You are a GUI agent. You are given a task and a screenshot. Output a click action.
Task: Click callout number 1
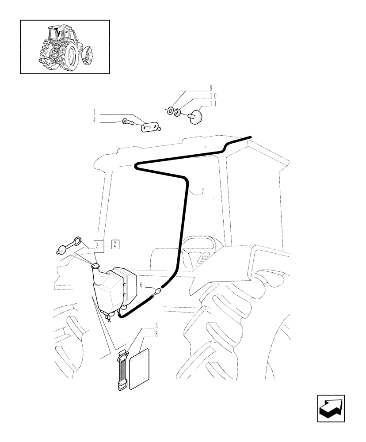click(95, 112)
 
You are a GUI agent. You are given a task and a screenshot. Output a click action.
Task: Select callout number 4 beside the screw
click(95, 120)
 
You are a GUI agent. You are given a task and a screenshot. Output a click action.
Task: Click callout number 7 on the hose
click(202, 191)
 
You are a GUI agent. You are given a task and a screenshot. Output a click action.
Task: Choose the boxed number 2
click(114, 243)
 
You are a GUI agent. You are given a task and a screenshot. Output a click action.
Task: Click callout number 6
click(141, 285)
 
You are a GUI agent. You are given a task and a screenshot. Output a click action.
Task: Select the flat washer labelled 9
click(170, 110)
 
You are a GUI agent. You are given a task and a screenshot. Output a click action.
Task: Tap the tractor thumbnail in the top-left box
click(65, 46)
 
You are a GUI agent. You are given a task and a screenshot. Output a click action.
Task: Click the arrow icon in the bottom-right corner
click(331, 408)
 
